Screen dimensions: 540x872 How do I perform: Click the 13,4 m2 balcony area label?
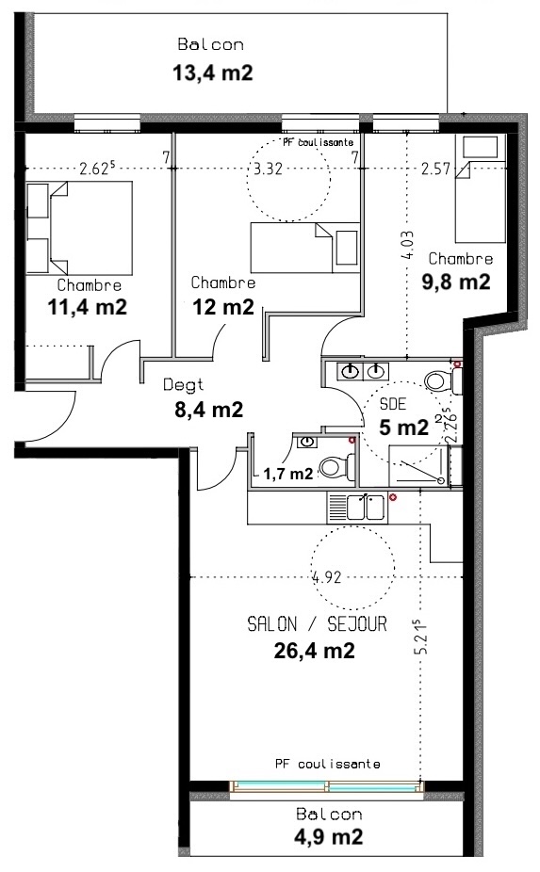(x=213, y=73)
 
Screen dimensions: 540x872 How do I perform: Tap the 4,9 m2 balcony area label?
(x=329, y=836)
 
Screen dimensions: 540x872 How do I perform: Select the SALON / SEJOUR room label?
(x=317, y=624)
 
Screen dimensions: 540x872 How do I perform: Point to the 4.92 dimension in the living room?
(x=327, y=577)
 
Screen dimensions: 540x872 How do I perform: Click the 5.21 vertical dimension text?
(x=422, y=637)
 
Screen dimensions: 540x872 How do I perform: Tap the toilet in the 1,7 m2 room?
(x=338, y=466)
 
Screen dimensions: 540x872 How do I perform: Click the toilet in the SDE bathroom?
(x=443, y=381)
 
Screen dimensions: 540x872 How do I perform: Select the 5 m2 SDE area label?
(x=403, y=427)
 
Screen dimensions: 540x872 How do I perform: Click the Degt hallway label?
(x=183, y=385)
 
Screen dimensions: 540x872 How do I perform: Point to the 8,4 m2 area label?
(x=209, y=410)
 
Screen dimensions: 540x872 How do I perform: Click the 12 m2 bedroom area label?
(x=223, y=306)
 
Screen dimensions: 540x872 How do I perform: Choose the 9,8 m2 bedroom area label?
(x=456, y=282)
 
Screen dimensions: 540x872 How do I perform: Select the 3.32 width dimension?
(x=268, y=169)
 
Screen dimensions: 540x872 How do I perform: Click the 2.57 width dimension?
(x=435, y=168)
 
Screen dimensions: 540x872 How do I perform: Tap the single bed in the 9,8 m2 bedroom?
(x=481, y=189)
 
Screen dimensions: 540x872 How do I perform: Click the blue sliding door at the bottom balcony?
(x=326, y=787)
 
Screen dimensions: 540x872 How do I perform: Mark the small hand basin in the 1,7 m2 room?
(x=306, y=442)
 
